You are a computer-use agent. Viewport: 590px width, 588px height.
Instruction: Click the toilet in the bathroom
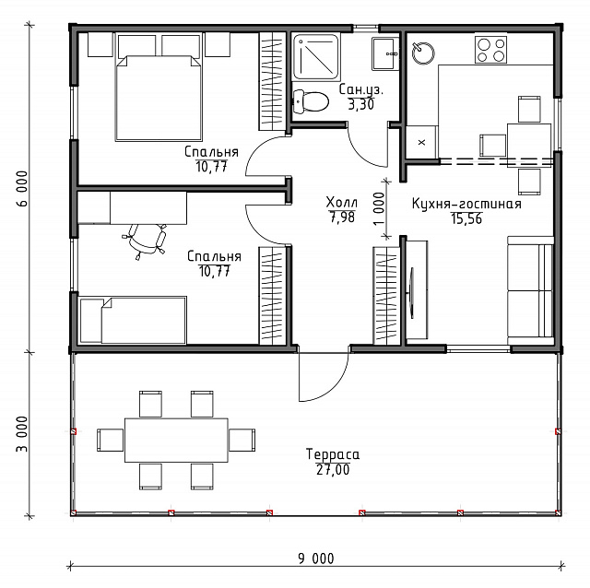(x=311, y=101)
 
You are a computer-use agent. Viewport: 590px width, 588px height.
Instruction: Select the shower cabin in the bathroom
(x=315, y=56)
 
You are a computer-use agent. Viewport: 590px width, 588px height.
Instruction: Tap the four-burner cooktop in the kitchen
(x=490, y=50)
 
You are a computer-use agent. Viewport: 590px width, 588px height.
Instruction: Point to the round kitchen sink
(x=423, y=53)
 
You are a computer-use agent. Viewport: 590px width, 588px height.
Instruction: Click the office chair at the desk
(x=145, y=240)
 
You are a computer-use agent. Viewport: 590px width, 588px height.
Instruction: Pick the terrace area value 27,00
(x=333, y=469)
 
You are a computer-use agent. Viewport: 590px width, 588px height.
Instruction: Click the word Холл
(x=342, y=202)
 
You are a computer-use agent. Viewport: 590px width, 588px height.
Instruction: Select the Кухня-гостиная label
(x=466, y=204)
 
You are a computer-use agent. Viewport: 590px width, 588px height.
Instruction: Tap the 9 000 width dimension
(x=316, y=559)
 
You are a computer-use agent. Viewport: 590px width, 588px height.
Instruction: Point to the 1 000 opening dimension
(x=380, y=209)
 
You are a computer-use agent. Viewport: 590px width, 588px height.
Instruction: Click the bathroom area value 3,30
(x=360, y=104)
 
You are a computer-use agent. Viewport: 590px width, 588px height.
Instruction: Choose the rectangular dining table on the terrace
(x=176, y=440)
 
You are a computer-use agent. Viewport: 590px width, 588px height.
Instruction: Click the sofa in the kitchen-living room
(x=530, y=290)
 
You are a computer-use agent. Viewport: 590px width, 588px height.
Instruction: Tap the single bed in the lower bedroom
(x=133, y=320)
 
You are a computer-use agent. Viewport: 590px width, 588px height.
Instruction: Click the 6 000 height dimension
(x=22, y=189)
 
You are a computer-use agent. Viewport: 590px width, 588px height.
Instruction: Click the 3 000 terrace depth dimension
(x=22, y=434)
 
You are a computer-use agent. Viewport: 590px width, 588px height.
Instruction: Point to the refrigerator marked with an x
(x=421, y=142)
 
